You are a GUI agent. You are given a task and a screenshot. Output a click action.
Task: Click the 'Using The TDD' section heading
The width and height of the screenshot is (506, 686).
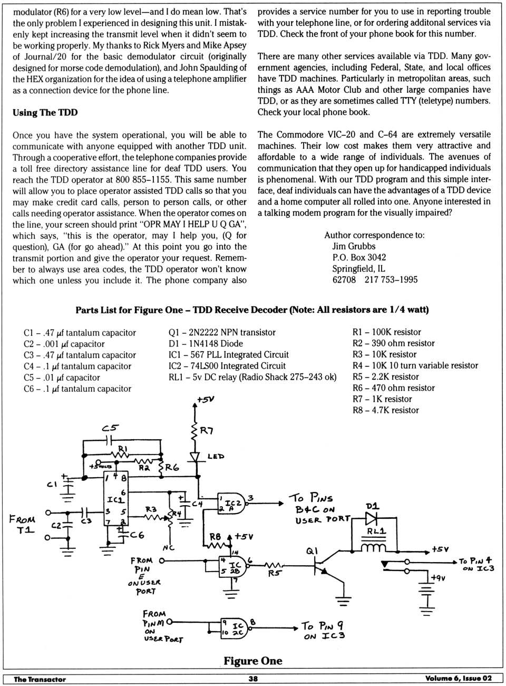point(45,112)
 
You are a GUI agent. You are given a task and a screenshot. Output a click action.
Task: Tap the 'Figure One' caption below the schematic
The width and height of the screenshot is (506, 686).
point(252,661)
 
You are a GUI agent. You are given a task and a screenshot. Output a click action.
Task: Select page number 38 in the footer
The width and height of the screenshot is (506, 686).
point(253,679)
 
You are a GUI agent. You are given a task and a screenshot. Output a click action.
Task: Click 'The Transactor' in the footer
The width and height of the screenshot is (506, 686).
point(40,679)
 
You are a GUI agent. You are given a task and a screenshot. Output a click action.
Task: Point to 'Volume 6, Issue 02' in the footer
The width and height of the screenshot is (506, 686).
point(458,679)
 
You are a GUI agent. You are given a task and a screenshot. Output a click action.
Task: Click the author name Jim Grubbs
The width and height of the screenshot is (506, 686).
point(354,246)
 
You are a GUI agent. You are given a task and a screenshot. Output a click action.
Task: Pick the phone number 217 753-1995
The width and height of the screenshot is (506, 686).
point(391,279)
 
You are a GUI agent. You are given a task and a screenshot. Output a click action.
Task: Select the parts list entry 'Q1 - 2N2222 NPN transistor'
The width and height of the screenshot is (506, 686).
point(222,332)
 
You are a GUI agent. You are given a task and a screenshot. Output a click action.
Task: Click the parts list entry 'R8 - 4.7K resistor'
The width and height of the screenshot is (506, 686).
point(385,410)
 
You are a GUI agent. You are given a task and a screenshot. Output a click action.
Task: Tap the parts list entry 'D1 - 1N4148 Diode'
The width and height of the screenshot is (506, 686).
point(206,343)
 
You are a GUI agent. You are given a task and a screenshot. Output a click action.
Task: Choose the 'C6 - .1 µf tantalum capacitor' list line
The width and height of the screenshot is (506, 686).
point(77,389)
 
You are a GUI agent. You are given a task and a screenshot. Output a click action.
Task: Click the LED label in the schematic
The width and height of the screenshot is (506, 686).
point(216,456)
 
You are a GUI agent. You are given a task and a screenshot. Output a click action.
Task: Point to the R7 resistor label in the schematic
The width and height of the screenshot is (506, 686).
point(206,431)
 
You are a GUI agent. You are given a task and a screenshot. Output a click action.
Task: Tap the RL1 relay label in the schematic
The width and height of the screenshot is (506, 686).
point(376,531)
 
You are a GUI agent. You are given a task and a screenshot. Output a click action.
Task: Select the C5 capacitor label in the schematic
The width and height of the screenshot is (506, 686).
point(110,428)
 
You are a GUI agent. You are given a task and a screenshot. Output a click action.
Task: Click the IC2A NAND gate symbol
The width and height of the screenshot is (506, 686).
point(232,504)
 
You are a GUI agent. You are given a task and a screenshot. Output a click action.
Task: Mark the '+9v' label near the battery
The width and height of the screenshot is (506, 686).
point(438,578)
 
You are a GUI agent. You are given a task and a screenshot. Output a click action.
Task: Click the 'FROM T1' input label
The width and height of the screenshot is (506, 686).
point(22,524)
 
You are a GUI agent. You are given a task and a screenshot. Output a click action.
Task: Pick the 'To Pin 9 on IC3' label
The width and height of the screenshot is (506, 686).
point(323,631)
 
